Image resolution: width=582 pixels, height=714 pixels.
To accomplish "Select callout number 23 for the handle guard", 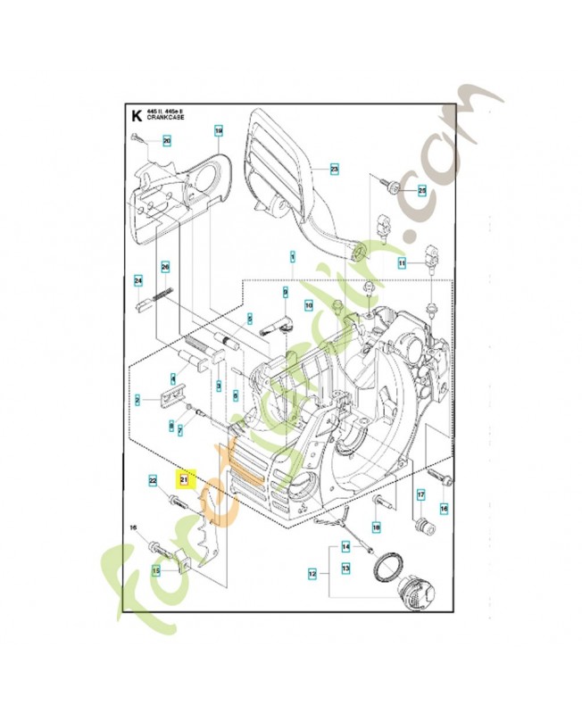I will (334, 168).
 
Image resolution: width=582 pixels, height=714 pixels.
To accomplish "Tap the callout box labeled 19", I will (218, 131).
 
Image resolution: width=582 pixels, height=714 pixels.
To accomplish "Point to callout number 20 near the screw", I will (166, 140).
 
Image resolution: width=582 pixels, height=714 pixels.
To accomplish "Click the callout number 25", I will (422, 190).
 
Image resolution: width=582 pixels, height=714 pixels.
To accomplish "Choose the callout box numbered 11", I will (403, 263).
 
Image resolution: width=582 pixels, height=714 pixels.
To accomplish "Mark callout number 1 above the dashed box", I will (292, 256).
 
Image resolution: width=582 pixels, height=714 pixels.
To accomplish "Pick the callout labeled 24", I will (138, 281).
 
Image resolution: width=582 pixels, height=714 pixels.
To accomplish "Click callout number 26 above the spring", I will (164, 266).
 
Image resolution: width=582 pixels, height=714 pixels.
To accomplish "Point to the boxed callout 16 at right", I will (444, 508).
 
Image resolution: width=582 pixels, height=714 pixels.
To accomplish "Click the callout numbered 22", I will (153, 481).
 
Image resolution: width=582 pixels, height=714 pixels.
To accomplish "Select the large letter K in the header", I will (136, 115).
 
